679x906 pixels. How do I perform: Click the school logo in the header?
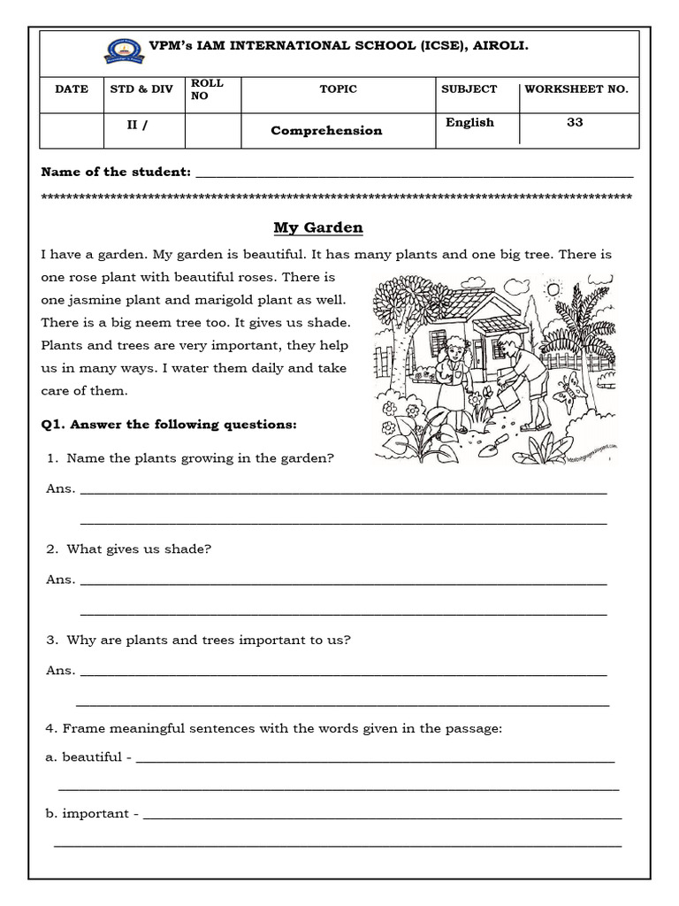(x=120, y=50)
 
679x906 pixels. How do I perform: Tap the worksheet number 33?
(x=575, y=123)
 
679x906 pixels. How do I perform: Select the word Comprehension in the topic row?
(x=326, y=131)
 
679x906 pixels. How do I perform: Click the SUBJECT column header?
(x=469, y=89)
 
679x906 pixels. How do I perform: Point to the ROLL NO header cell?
(x=207, y=89)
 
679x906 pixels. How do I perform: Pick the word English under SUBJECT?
(x=469, y=123)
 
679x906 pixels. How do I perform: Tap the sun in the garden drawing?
(x=554, y=289)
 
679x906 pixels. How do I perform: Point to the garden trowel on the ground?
(x=492, y=446)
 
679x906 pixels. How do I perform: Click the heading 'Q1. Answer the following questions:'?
(x=169, y=425)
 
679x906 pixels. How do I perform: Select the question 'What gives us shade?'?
(x=139, y=549)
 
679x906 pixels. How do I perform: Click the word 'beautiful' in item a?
(x=92, y=757)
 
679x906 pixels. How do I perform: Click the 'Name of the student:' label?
(x=116, y=172)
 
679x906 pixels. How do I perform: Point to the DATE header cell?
(x=72, y=89)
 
